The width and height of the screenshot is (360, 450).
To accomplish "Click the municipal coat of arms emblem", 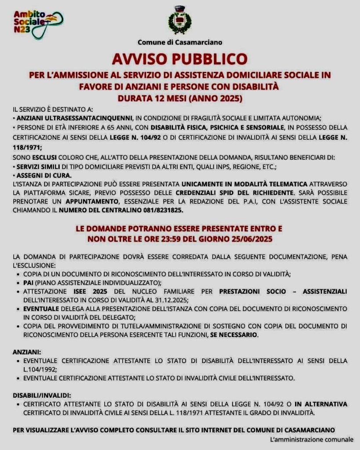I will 180,20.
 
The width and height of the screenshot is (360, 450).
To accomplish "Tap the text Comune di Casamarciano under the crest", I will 180,43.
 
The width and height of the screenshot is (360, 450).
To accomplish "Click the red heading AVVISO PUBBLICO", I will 180,58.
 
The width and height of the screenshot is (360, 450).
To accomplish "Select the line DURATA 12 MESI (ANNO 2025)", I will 180,97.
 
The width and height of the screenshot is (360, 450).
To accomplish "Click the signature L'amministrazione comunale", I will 312,439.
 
